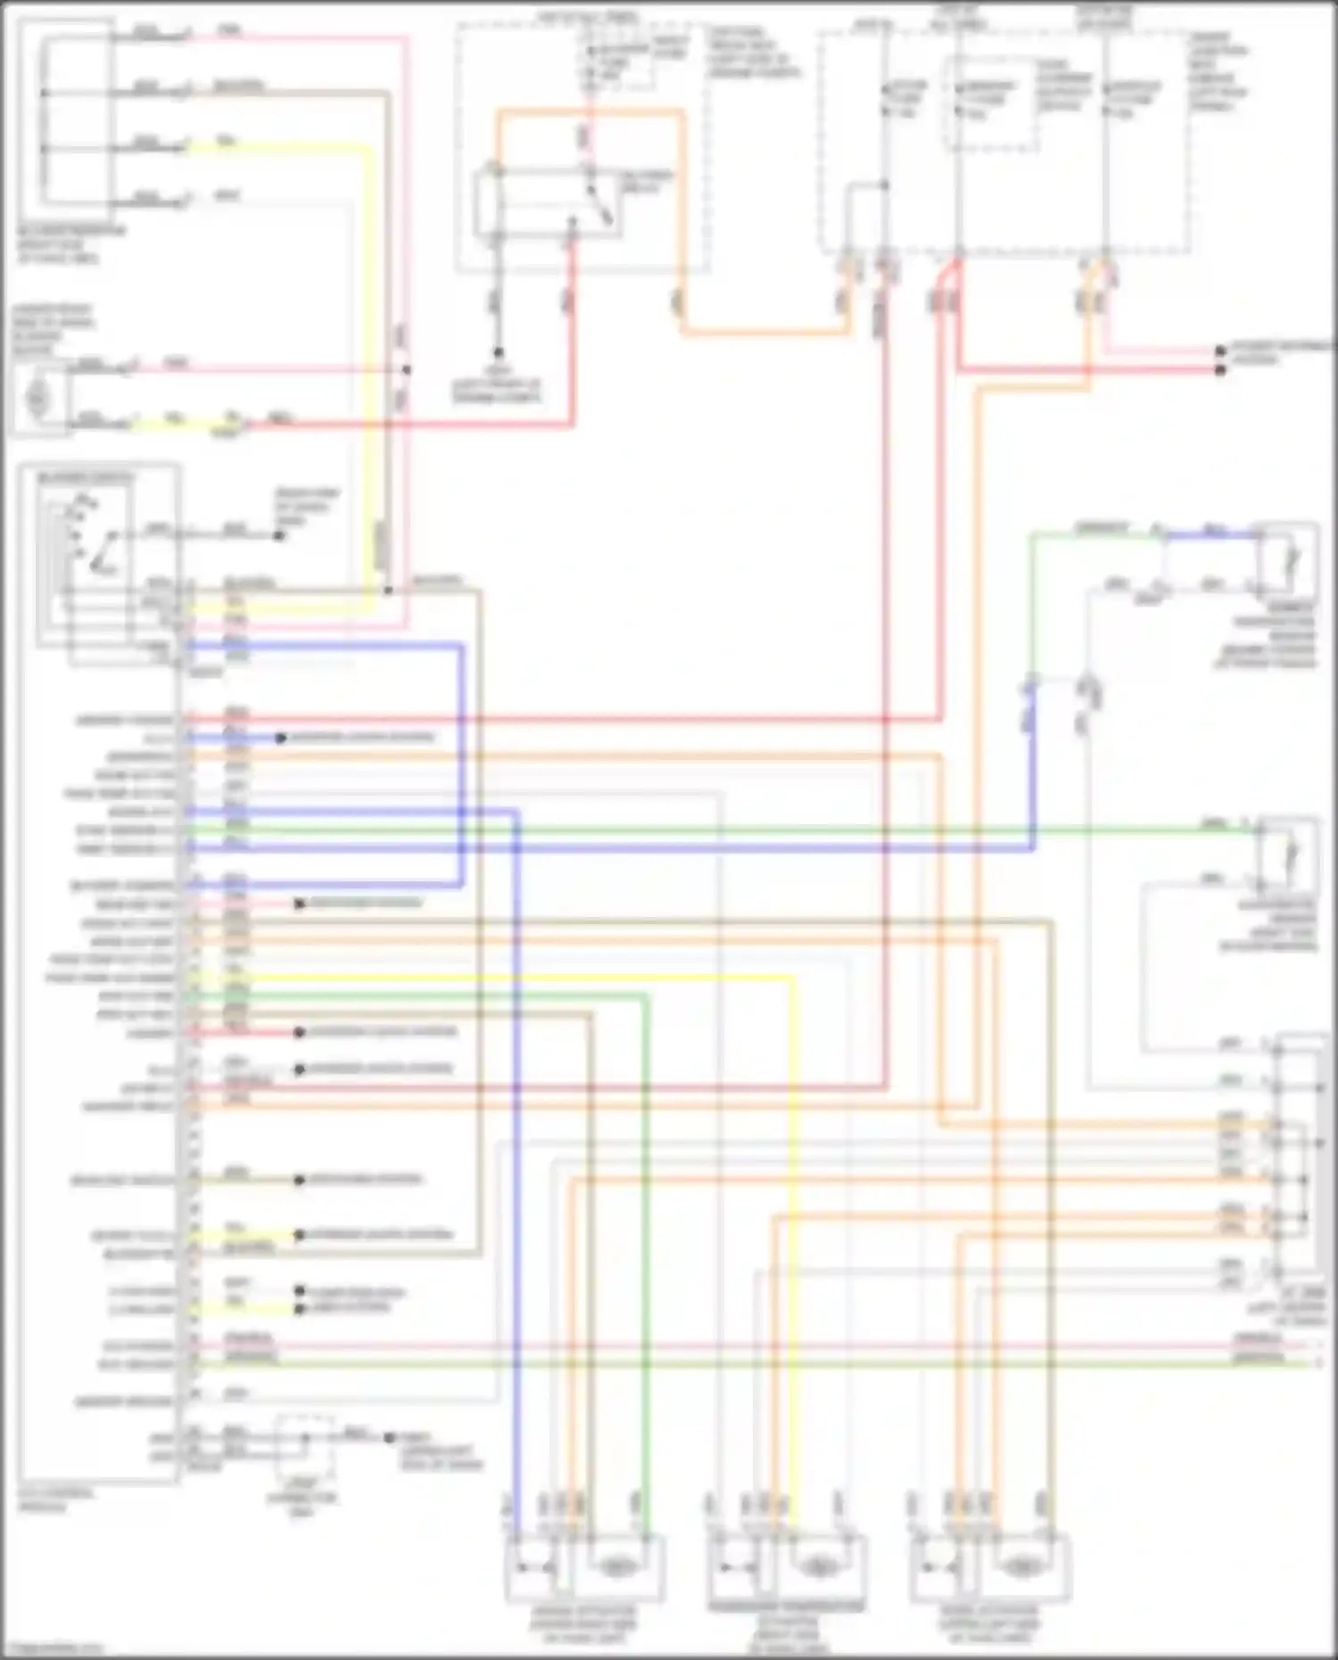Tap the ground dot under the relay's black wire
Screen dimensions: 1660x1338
pyautogui.click(x=498, y=353)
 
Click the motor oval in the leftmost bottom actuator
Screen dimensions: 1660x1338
pyautogui.click(x=615, y=1566)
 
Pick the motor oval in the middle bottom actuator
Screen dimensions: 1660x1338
pyautogui.click(x=817, y=1566)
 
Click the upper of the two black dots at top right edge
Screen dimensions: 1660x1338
pyautogui.click(x=1220, y=351)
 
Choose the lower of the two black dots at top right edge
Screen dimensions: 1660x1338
pyautogui.click(x=1220, y=369)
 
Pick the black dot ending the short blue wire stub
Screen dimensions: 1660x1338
pyautogui.click(x=280, y=739)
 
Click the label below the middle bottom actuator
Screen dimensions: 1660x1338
pyautogui.click(x=787, y=1627)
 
